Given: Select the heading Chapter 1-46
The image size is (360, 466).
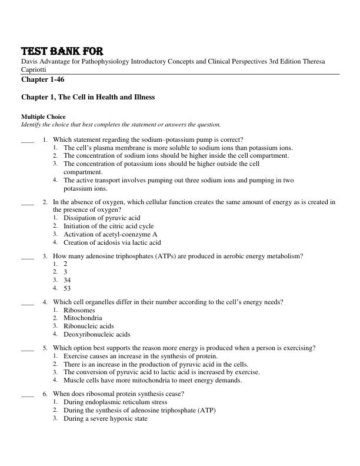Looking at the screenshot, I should pos(42,79).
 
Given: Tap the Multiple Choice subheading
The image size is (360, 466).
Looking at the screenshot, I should pos(44,116).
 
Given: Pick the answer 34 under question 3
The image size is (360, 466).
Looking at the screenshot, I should pos(67,280).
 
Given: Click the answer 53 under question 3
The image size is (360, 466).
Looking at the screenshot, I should pos(67,288).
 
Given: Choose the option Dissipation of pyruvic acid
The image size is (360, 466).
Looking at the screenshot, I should pos(102,218).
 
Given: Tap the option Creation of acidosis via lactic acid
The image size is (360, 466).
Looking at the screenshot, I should pos(112,242).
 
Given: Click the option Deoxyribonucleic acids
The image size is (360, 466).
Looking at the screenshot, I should pos(97,334).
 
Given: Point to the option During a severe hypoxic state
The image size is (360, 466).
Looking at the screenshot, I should pos(105,418).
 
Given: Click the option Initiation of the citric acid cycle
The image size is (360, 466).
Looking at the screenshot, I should pos(108,226).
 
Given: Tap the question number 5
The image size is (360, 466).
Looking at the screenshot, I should pos(45,348).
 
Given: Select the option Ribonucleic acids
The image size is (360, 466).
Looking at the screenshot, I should pos(89,326).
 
